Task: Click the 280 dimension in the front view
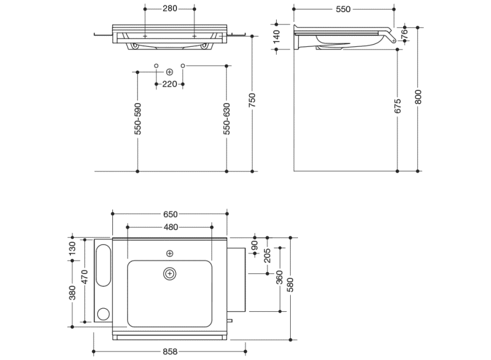[x=170, y=9]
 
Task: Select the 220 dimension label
[x=170, y=84]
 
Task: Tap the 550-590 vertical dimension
[x=138, y=118]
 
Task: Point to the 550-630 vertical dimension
[x=227, y=118]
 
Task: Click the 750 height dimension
[x=252, y=101]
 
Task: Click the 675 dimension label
[x=398, y=106]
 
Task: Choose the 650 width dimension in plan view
[x=170, y=214]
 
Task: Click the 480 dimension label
[x=170, y=228]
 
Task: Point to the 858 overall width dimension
[x=170, y=351]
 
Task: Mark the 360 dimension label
[x=280, y=277]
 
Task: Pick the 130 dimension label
[x=72, y=248]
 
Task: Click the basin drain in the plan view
[x=169, y=273]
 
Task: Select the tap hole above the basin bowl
[x=169, y=253]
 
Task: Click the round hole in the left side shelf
[x=103, y=314]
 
